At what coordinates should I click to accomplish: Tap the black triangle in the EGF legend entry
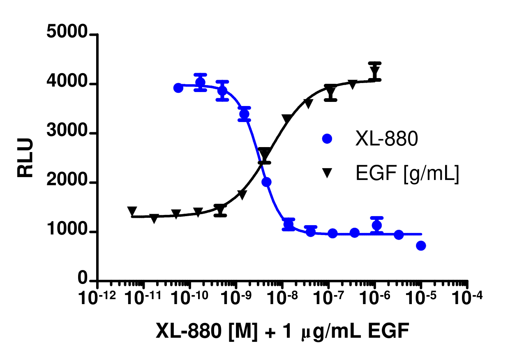[327, 174]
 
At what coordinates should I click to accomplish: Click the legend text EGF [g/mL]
[406, 174]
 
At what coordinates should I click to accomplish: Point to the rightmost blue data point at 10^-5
[421, 246]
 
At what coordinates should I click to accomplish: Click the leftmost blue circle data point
[178, 88]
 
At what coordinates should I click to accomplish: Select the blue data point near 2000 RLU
[266, 182]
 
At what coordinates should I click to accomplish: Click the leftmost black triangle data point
[132, 211]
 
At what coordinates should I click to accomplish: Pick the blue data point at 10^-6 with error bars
[376, 225]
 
